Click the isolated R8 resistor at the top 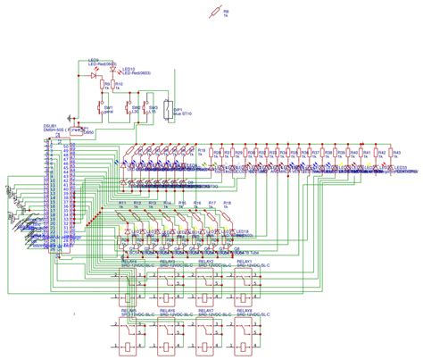point(211,13)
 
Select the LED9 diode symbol point(95,77)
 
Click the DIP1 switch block point(168,110)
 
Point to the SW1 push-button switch point(99,111)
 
